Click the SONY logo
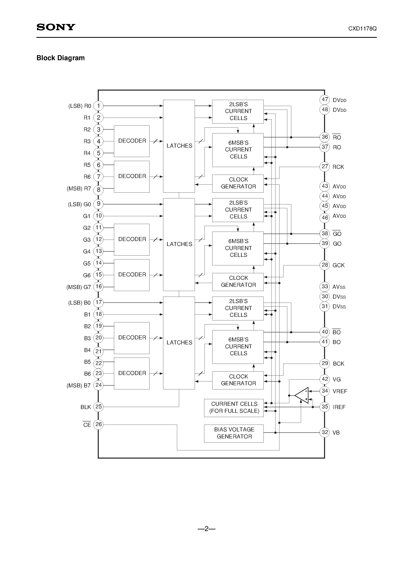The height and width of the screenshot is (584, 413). (56, 27)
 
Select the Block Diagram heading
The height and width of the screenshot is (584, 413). (61, 58)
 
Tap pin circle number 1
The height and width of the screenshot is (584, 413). (98, 106)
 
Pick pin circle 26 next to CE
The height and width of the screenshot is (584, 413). (98, 424)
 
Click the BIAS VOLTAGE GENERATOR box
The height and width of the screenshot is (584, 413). (234, 433)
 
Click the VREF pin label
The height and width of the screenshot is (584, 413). (340, 391)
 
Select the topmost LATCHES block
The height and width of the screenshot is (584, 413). (179, 146)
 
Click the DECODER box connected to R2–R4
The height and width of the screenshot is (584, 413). (132, 141)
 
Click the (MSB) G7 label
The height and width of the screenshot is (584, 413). (79, 287)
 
